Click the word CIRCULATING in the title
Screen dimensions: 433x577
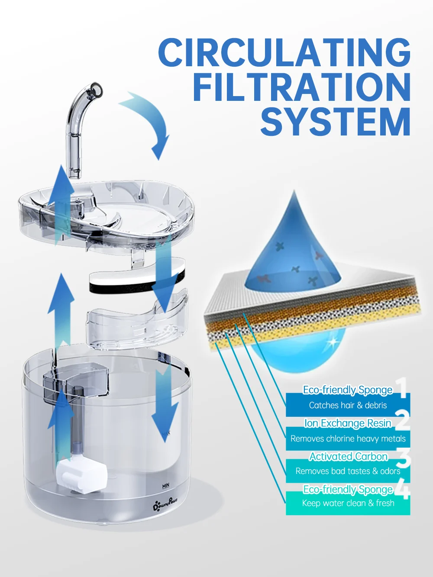(284, 52)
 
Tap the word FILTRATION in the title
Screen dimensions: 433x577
(302, 87)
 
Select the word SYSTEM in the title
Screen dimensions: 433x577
(336, 121)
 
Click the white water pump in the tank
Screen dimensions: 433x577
(81, 476)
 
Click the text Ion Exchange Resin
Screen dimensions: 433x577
(348, 423)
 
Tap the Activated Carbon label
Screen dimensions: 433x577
(348, 456)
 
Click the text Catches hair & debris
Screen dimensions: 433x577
(348, 405)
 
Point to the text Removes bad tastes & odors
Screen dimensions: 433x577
(348, 471)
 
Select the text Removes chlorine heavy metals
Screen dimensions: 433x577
(348, 438)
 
